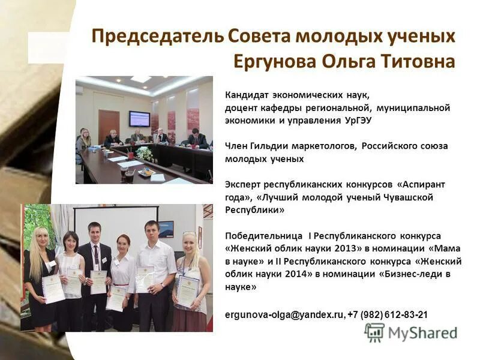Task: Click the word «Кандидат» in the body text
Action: click(244, 94)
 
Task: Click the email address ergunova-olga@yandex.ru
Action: click(284, 314)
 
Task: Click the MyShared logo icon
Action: click(374, 332)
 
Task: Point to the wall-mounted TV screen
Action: click(139, 119)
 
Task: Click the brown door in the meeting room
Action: click(109, 125)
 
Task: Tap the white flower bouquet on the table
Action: click(144, 154)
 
